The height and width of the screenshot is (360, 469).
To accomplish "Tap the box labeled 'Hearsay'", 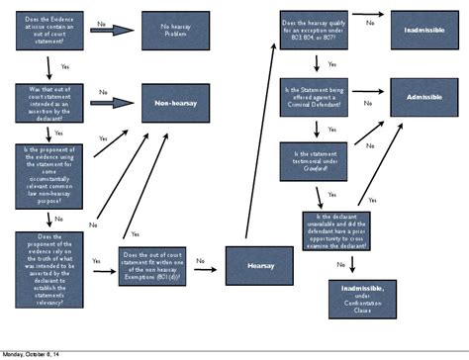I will pos(259,265).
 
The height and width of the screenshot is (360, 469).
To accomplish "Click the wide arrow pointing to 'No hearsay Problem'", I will pos(116,30).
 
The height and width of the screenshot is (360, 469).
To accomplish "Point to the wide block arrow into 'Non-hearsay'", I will pos(116,103).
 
